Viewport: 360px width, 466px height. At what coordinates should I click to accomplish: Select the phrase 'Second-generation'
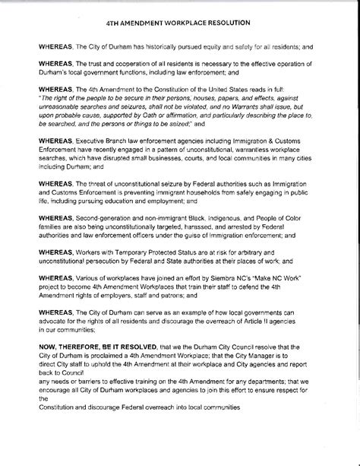(x=101, y=217)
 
